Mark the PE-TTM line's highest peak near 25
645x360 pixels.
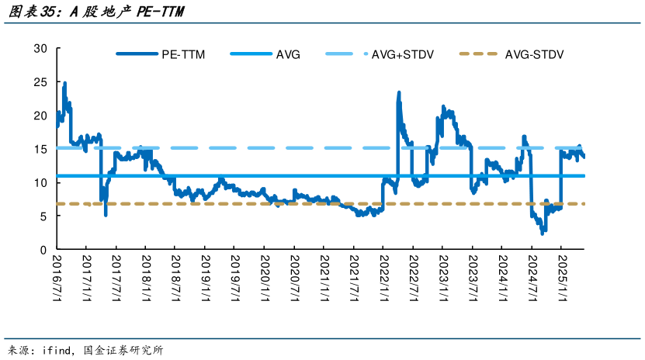[x=64, y=83]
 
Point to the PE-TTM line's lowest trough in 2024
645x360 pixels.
[x=543, y=233]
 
